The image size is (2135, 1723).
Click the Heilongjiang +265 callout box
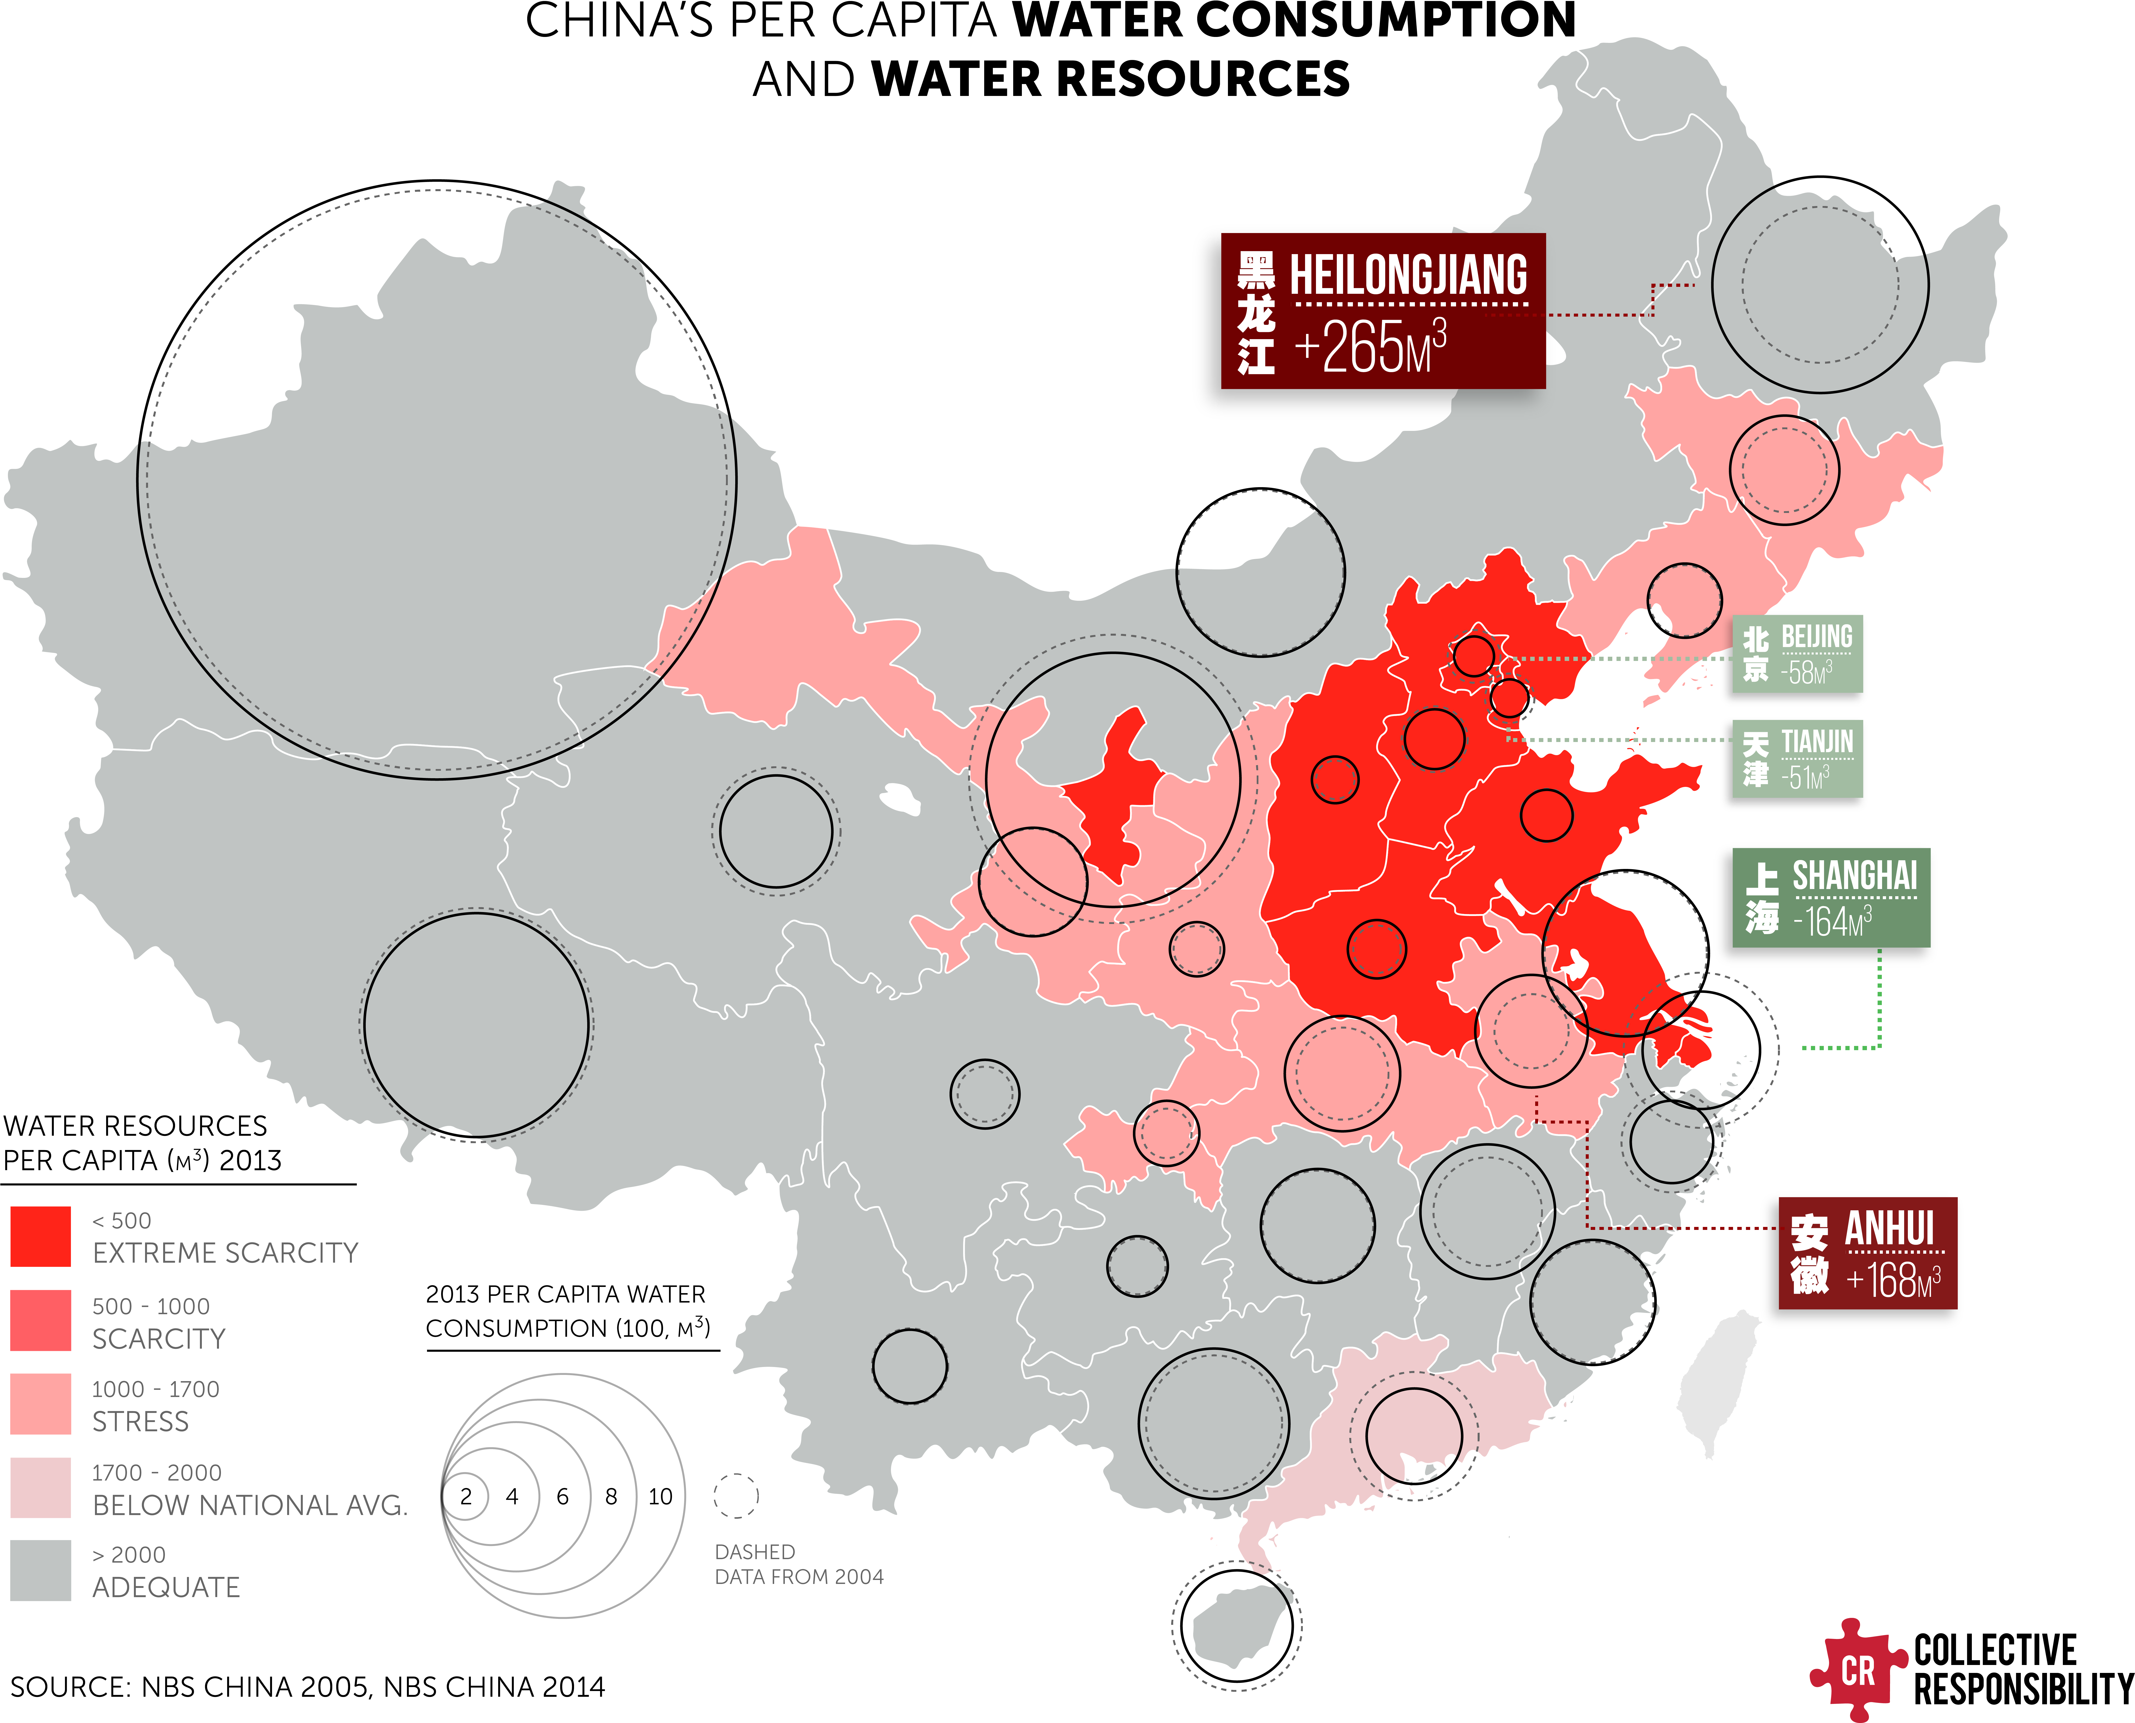click(x=1383, y=311)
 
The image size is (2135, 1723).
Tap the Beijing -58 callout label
click(x=1798, y=654)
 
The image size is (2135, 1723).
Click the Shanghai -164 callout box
click(x=1831, y=897)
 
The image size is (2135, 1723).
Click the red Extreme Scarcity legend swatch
click(x=41, y=1237)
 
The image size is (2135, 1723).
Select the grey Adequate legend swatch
click(x=41, y=1570)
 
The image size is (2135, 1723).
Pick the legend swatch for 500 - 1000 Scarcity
click(x=41, y=1320)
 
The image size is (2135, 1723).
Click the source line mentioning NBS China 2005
click(x=308, y=1686)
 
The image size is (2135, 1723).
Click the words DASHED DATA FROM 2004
click(x=799, y=1564)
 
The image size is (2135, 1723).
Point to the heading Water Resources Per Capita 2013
click(x=143, y=1142)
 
